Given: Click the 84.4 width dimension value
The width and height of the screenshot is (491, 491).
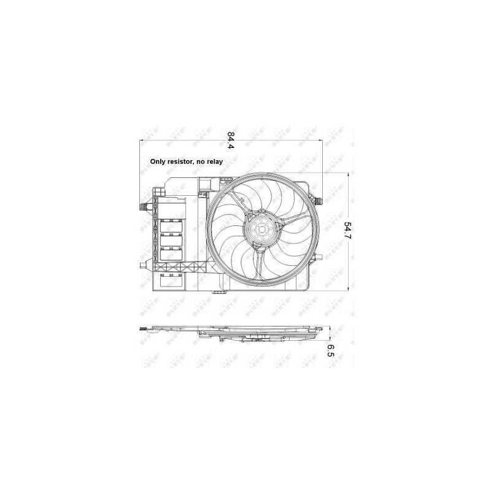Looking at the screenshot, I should tap(231, 141).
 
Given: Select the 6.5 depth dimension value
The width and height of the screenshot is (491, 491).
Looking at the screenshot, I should tap(330, 350).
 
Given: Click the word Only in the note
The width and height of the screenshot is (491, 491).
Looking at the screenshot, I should tap(160, 162).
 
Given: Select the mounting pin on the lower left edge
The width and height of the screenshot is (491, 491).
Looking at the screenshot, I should tap(144, 266).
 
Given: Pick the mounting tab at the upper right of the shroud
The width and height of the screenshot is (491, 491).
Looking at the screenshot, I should tap(317, 198).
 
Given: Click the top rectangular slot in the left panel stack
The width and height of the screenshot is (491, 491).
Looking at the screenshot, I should tap(173, 228).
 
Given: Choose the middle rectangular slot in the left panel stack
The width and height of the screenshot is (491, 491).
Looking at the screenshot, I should tap(173, 241).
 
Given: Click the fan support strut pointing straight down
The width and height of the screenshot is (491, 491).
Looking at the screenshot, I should tap(260, 261).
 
